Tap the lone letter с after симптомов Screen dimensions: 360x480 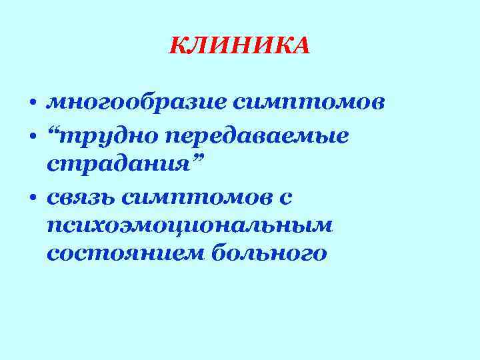tap(287, 197)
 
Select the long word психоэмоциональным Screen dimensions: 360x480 tap(190, 225)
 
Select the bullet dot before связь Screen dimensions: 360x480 tap(32, 199)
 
